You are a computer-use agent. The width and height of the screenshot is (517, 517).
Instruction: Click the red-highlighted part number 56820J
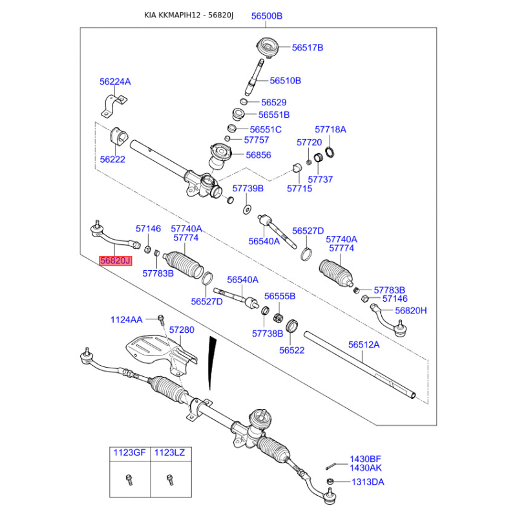(x=116, y=261)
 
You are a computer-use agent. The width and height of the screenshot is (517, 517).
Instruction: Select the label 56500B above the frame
(x=267, y=16)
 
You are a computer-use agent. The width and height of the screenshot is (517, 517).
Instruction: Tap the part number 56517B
(x=308, y=47)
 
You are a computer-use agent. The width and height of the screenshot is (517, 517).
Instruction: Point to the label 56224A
(x=115, y=81)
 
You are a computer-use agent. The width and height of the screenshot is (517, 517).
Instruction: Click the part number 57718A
(x=330, y=129)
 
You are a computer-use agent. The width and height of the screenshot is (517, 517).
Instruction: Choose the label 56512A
(x=364, y=344)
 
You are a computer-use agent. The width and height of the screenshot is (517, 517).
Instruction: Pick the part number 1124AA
(x=126, y=319)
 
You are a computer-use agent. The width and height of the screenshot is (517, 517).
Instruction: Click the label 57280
(x=182, y=330)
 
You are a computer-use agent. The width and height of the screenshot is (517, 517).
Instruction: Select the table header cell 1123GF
(x=130, y=453)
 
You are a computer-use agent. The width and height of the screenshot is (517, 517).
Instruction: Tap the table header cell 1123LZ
(x=170, y=453)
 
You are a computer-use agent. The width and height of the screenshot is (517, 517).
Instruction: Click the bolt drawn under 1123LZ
(x=170, y=480)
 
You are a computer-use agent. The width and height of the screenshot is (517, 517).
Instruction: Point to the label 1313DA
(x=368, y=482)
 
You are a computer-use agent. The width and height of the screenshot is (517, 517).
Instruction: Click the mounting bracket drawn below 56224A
(x=114, y=106)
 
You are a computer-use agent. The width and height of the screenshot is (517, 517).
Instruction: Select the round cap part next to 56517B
(x=268, y=47)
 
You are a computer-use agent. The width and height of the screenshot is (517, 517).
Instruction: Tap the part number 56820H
(x=411, y=310)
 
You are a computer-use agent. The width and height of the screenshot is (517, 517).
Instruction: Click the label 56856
(x=258, y=155)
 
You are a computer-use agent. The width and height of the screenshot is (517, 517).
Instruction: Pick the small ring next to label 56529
(x=244, y=101)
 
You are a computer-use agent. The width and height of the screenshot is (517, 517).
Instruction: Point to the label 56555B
(x=280, y=296)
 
